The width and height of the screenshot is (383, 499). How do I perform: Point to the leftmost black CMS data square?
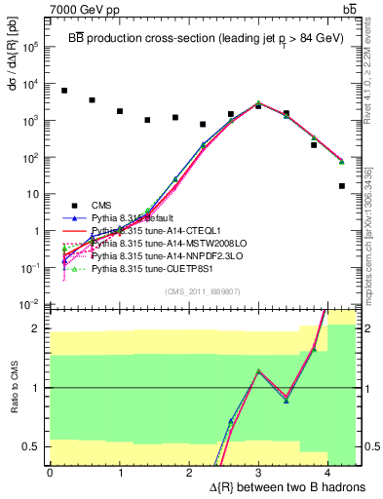(x=64, y=91)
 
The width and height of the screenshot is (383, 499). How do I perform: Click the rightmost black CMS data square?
(x=342, y=186)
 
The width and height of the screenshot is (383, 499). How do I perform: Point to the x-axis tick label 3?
(x=258, y=472)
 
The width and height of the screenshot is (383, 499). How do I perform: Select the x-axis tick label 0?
(x=50, y=472)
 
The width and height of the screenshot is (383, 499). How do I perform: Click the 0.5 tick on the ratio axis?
(x=33, y=447)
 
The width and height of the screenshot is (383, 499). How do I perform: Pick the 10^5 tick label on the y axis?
(x=31, y=47)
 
